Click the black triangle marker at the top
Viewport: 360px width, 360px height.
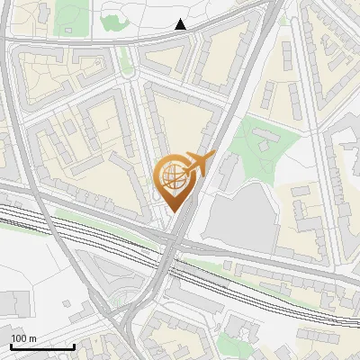pos(181,24)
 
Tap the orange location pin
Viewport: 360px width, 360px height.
pos(176,180)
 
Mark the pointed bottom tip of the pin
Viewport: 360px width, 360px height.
pos(175,211)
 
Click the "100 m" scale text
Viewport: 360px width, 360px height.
pos(23,338)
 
